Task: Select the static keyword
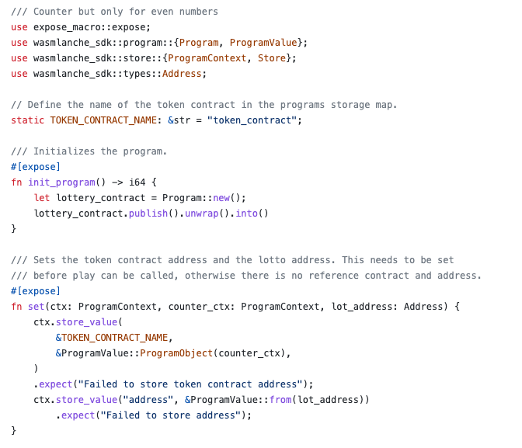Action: pos(28,120)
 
